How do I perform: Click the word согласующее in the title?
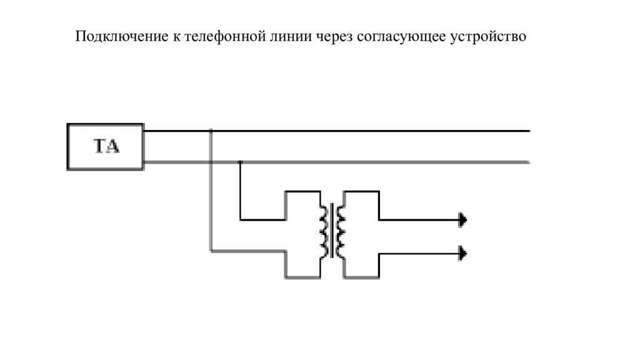(x=401, y=37)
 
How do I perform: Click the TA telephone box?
(x=105, y=147)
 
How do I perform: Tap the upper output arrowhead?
(x=463, y=219)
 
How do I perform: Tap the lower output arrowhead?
(x=463, y=252)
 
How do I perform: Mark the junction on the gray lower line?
(x=241, y=162)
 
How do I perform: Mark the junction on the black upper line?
(x=211, y=131)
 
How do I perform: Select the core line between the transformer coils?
(x=332, y=231)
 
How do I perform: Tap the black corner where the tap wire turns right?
(x=241, y=219)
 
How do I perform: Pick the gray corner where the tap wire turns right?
(x=211, y=252)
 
